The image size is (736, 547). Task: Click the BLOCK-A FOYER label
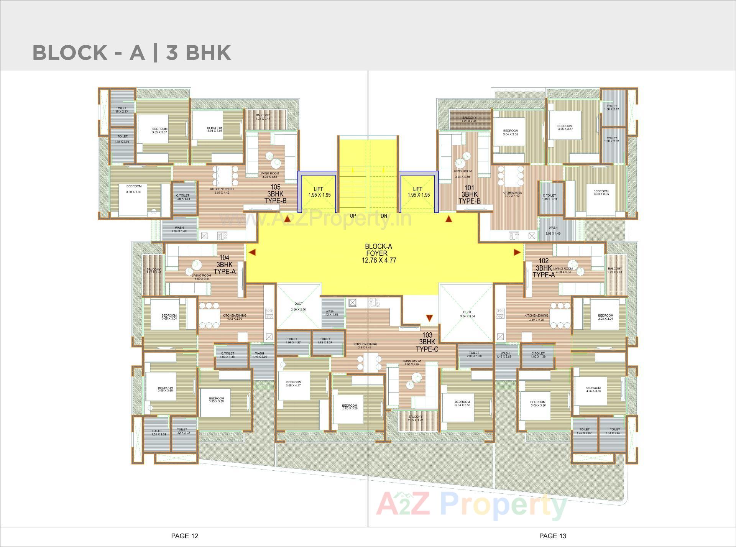378,253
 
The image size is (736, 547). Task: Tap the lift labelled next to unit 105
318,192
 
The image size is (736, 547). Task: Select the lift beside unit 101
418,192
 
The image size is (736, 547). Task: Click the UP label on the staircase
353,216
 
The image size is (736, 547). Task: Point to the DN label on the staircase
384,216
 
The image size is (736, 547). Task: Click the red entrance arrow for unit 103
429,318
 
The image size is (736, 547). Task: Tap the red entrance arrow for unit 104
252,252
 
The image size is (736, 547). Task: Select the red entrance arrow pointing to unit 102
517,252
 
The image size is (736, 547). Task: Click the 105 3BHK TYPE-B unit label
275,194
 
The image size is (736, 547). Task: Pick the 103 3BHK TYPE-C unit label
427,342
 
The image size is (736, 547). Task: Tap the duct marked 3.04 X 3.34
467,314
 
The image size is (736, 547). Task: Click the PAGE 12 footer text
185,536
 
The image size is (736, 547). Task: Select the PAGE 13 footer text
552,536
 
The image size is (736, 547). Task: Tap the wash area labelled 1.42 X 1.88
330,313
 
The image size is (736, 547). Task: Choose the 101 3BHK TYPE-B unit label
470,195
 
